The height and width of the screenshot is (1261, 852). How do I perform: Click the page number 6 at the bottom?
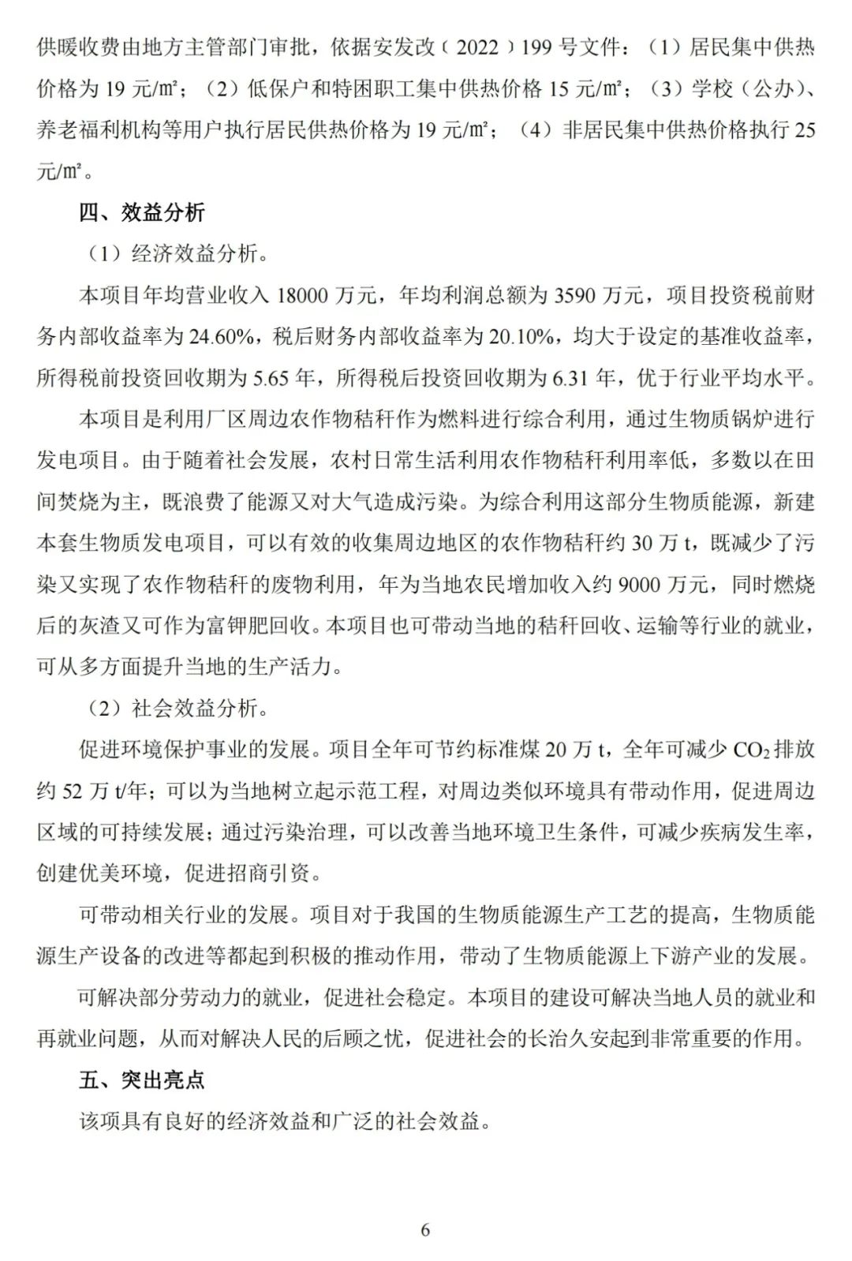point(425,1229)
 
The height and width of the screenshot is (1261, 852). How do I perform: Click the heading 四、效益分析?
point(142,212)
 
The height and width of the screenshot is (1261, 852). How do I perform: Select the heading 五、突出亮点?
point(142,1080)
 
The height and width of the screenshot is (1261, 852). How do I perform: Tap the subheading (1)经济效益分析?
point(177,254)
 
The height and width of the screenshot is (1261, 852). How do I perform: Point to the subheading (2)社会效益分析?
point(177,708)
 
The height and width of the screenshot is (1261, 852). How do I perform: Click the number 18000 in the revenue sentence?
point(305,296)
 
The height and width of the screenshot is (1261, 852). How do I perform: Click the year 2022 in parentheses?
point(477,47)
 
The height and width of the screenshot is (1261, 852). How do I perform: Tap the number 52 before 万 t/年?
point(71,791)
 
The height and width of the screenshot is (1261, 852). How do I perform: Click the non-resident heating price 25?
point(805,130)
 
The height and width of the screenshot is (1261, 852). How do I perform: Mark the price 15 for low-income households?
point(559,89)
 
